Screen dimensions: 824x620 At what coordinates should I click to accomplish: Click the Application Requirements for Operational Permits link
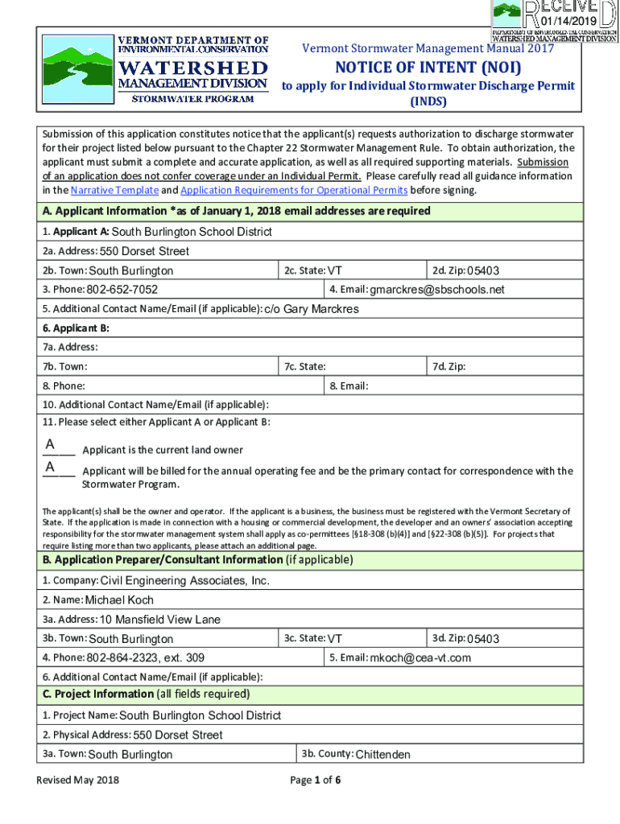[294, 191]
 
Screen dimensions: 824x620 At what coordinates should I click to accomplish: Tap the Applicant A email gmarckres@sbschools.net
[437, 290]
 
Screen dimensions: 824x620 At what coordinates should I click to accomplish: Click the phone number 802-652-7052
[122, 290]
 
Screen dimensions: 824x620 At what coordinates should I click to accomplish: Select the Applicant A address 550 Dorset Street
[145, 251]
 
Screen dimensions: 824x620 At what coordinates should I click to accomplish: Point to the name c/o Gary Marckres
[312, 310]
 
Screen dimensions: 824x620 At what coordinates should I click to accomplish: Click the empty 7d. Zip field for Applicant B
[523, 367]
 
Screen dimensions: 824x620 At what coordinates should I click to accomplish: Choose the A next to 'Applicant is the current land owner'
[51, 445]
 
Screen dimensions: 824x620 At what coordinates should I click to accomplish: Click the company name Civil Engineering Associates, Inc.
[184, 581]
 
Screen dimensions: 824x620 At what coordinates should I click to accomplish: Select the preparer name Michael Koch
[119, 600]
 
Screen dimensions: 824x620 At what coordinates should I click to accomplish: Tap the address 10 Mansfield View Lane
[159, 620]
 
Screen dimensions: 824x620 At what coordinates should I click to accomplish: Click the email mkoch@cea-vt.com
[420, 658]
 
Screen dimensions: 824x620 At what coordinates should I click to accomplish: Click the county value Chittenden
[382, 755]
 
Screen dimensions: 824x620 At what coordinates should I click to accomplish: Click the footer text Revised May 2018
[78, 781]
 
